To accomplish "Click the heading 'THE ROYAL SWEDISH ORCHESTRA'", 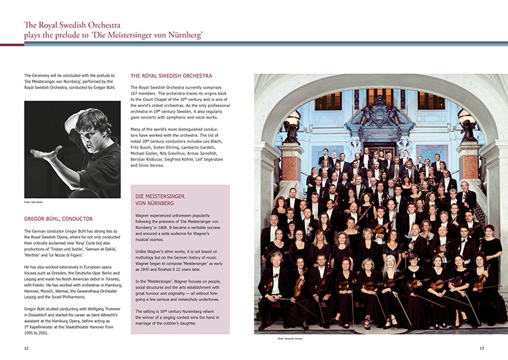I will tap(171, 76).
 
